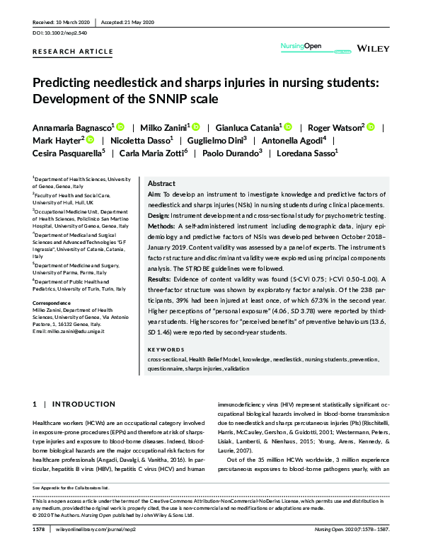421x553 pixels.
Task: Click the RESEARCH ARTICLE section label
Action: coord(73,52)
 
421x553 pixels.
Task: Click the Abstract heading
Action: coord(161,182)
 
